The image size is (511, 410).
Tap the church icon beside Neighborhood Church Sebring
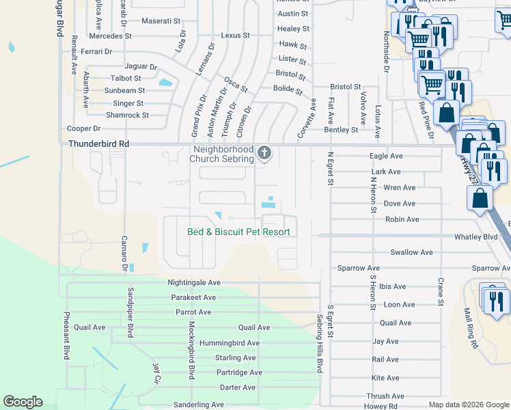(x=264, y=154)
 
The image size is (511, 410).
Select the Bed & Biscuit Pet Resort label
(x=239, y=232)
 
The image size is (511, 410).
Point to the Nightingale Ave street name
(x=194, y=282)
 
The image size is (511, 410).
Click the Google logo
(x=23, y=402)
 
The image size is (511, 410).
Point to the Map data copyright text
(x=468, y=405)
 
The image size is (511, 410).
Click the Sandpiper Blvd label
(x=130, y=312)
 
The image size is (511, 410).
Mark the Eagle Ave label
(x=386, y=156)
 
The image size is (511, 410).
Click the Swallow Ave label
(x=411, y=252)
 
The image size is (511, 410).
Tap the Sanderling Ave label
(x=198, y=405)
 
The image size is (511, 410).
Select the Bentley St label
(x=341, y=129)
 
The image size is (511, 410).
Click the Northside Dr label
(x=386, y=51)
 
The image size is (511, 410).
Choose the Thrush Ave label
(x=385, y=396)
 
